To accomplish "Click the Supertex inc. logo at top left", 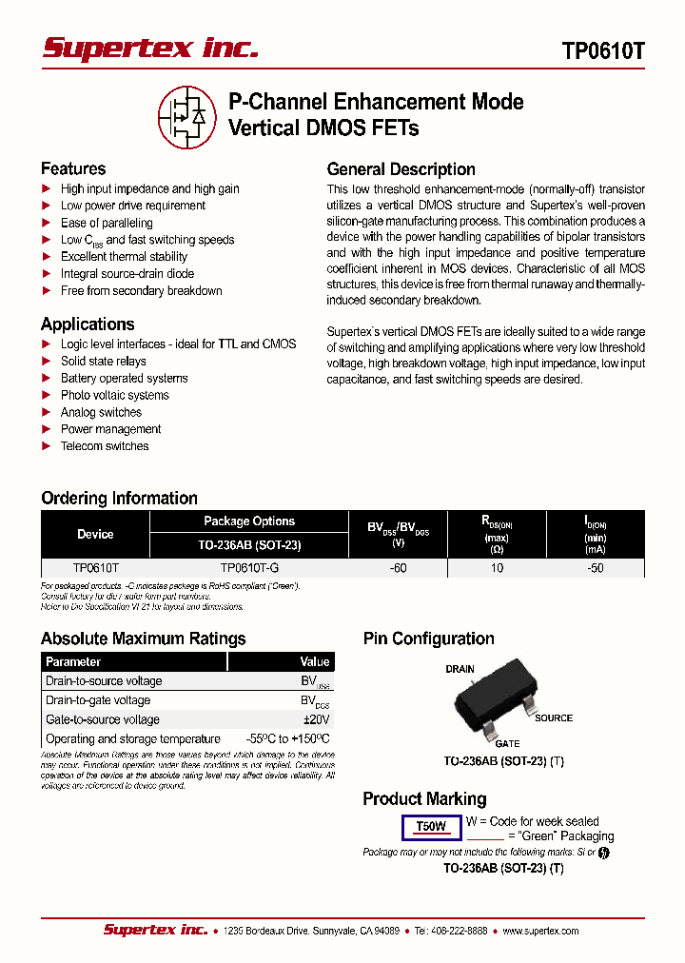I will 150,49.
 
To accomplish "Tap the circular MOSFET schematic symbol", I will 186,116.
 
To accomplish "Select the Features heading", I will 73,168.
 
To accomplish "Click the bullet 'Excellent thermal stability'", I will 124,257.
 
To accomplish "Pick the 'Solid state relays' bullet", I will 103,362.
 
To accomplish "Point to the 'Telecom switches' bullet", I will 105,446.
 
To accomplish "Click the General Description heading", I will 401,169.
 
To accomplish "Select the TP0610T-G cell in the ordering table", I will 249,567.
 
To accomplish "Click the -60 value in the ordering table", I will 398,567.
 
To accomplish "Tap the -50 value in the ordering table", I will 596,567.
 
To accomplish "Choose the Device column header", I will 95,535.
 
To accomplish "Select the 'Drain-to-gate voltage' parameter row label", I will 98,700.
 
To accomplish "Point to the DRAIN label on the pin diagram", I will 460,669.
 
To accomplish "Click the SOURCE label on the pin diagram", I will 554,718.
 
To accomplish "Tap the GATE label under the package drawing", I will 506,743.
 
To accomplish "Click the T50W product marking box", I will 431,827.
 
